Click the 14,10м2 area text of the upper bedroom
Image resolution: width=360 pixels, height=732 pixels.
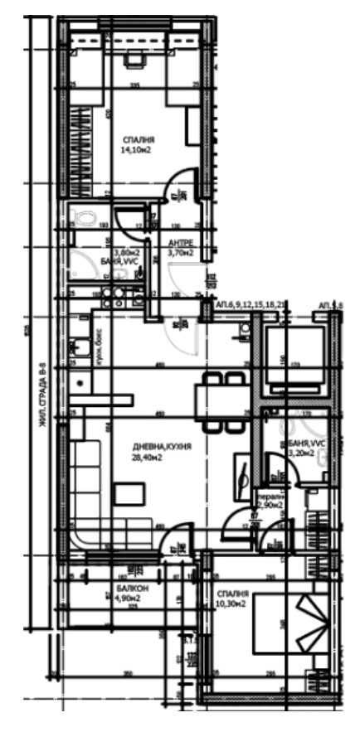click(x=136, y=152)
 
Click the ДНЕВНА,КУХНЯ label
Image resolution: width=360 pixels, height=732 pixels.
click(x=151, y=445)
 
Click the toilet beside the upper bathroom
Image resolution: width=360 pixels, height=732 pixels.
click(x=84, y=218)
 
